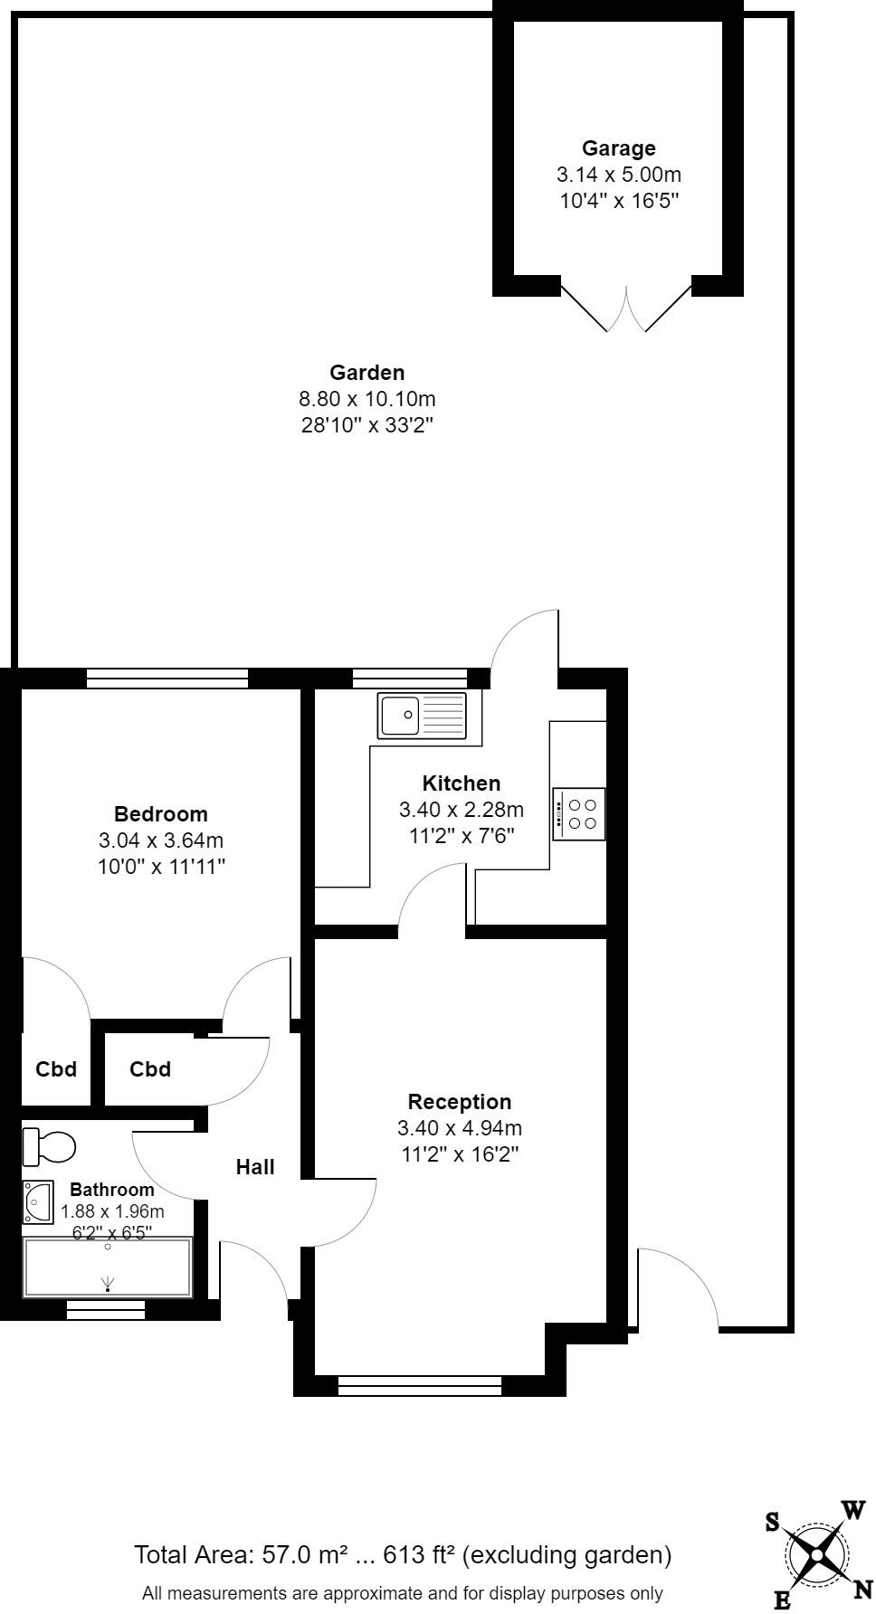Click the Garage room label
click(x=618, y=148)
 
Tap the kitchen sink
click(x=423, y=716)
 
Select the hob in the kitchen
click(x=579, y=813)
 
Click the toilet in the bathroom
click(x=49, y=1146)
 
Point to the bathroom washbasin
click(x=38, y=1202)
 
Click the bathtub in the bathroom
click(x=108, y=1267)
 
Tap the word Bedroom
click(x=160, y=813)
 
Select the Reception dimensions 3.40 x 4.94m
click(x=460, y=1128)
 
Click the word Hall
click(x=255, y=1167)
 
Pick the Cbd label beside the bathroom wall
click(x=56, y=1069)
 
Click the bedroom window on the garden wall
click(x=167, y=679)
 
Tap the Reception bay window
click(x=420, y=1385)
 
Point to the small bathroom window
click(x=107, y=1309)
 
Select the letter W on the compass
click(x=853, y=1510)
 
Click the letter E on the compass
click(x=782, y=1600)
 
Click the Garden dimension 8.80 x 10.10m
click(x=367, y=398)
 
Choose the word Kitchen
click(x=461, y=783)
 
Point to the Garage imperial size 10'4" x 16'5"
click(x=619, y=200)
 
